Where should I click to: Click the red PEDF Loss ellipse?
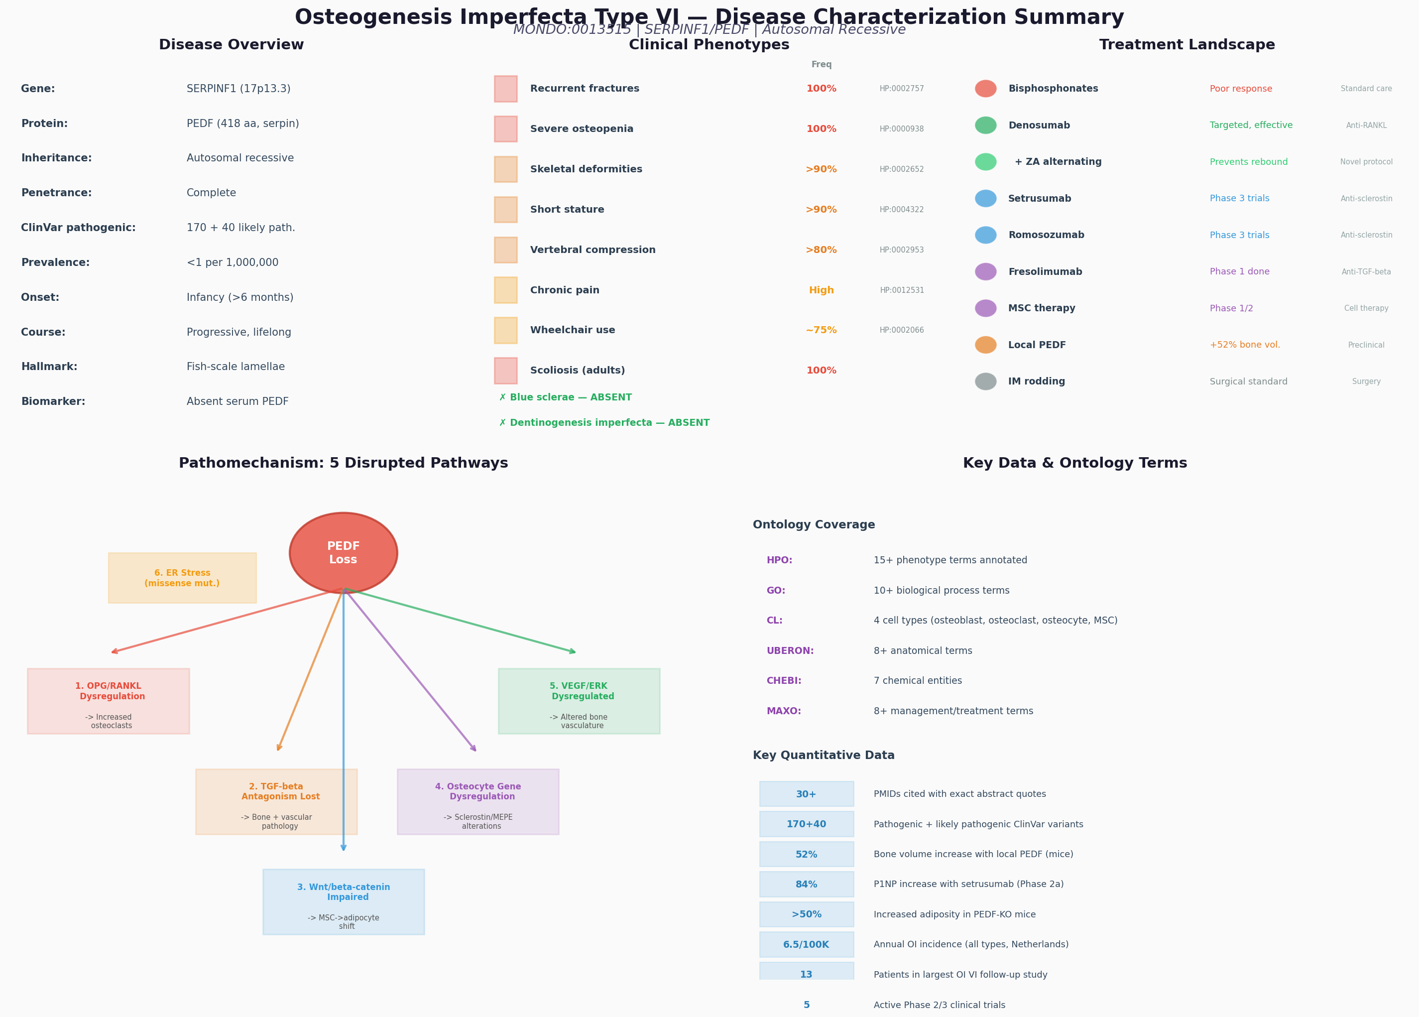344,553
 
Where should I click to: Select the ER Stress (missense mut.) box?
182,578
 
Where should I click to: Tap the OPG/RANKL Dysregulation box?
108,701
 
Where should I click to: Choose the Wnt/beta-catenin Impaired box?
344,902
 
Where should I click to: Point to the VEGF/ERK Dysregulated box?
579,701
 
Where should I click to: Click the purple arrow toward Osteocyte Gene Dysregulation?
410,670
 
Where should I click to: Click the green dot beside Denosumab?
985,125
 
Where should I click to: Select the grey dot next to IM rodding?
985,381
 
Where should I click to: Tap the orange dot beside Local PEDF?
985,345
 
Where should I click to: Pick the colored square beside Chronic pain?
505,290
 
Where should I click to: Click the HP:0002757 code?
902,89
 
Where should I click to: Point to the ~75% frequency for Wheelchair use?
821,330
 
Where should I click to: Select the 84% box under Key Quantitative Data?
807,885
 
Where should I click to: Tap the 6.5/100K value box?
807,944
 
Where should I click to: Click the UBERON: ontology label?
790,651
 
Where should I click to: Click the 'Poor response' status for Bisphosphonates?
1241,89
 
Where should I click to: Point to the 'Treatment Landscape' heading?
1187,45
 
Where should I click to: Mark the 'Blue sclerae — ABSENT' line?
566,397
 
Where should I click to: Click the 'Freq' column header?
822,64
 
